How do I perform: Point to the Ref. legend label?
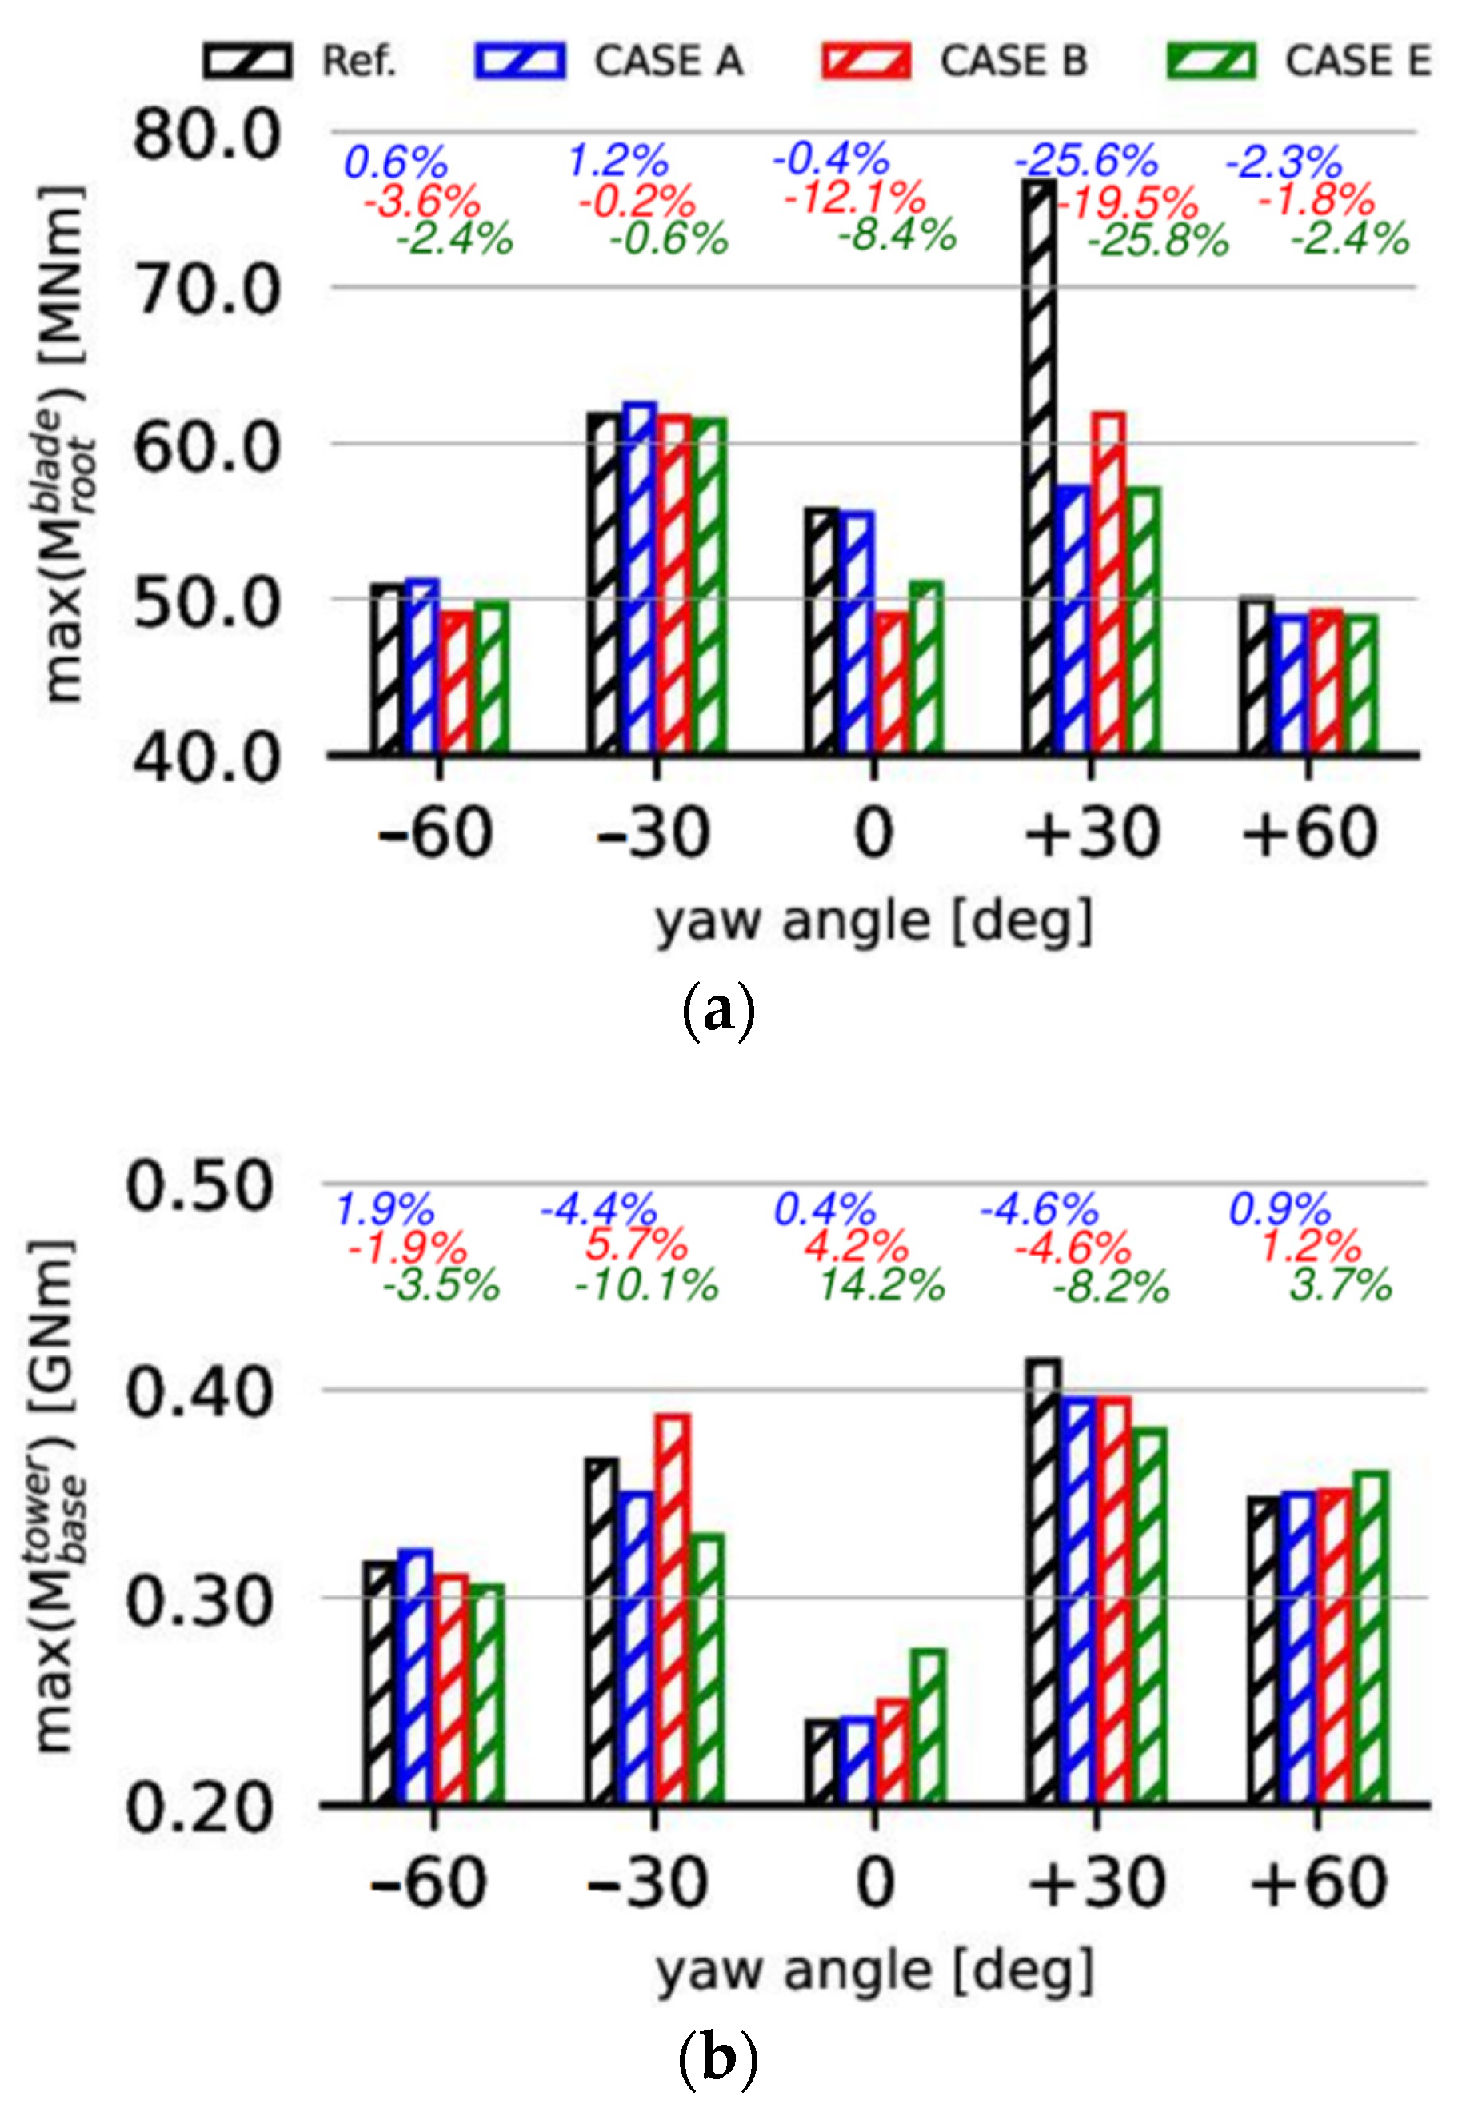pos(358,62)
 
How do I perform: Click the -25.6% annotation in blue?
pos(1087,162)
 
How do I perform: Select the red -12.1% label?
pos(854,198)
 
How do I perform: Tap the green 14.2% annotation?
pos(882,1284)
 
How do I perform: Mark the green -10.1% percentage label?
pos(645,1284)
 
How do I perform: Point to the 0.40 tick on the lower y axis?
pos(199,1391)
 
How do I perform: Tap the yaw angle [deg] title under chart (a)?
pos(873,921)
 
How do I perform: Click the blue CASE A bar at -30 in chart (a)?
pos(639,579)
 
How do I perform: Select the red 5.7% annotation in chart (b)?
pos(637,1246)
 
